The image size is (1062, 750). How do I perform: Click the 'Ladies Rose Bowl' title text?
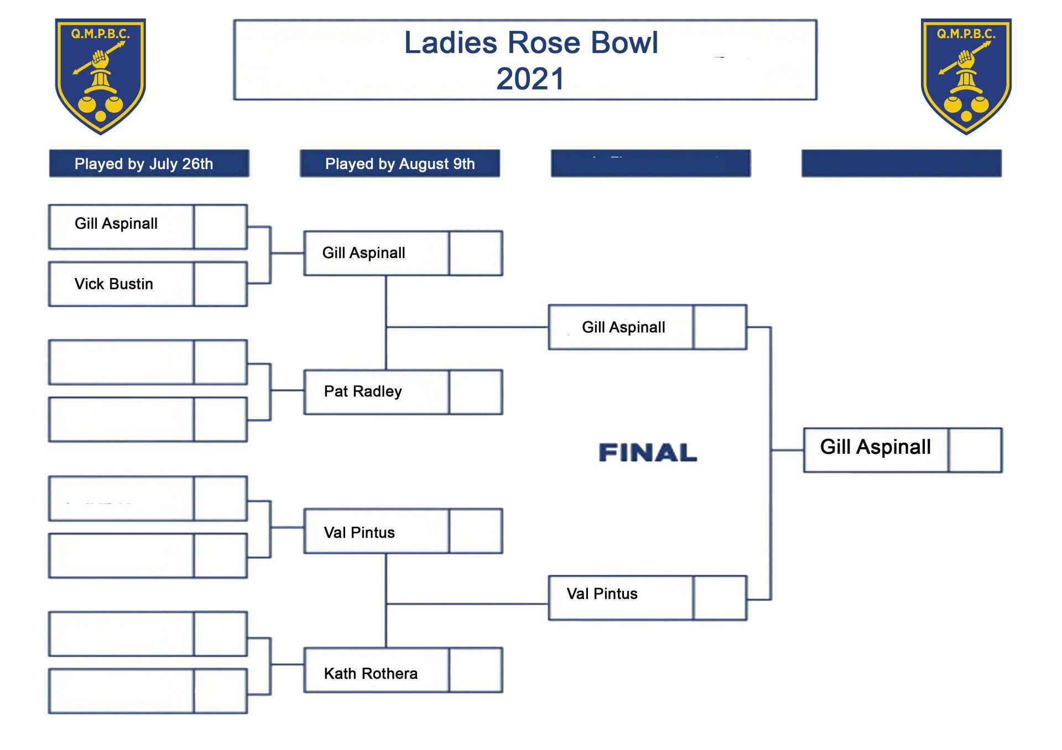[x=531, y=43]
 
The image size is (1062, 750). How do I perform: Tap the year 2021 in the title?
[x=530, y=78]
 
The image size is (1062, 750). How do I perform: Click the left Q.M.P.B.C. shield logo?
[x=100, y=76]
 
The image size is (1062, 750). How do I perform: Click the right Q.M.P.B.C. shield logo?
[x=966, y=76]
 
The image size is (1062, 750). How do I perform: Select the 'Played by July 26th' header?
[x=144, y=164]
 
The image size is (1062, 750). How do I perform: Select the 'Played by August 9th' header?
[x=400, y=164]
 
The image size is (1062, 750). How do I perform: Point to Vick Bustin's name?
[x=114, y=284]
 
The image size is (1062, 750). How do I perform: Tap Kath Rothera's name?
[x=371, y=674]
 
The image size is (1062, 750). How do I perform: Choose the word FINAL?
[x=648, y=453]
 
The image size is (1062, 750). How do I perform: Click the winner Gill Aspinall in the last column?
[x=875, y=447]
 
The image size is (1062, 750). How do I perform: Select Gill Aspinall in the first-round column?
[x=116, y=224]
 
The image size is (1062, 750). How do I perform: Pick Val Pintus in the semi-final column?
[x=602, y=594]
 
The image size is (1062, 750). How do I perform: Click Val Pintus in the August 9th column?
[x=360, y=533]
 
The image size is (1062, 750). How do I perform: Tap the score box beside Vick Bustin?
[x=221, y=284]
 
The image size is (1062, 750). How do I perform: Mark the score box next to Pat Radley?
[x=476, y=392]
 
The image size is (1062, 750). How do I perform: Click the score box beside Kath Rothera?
[x=476, y=670]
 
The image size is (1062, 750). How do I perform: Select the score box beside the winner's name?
[x=975, y=450]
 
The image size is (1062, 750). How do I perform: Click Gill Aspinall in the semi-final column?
[x=623, y=328]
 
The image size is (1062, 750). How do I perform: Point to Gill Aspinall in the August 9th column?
[x=364, y=253]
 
